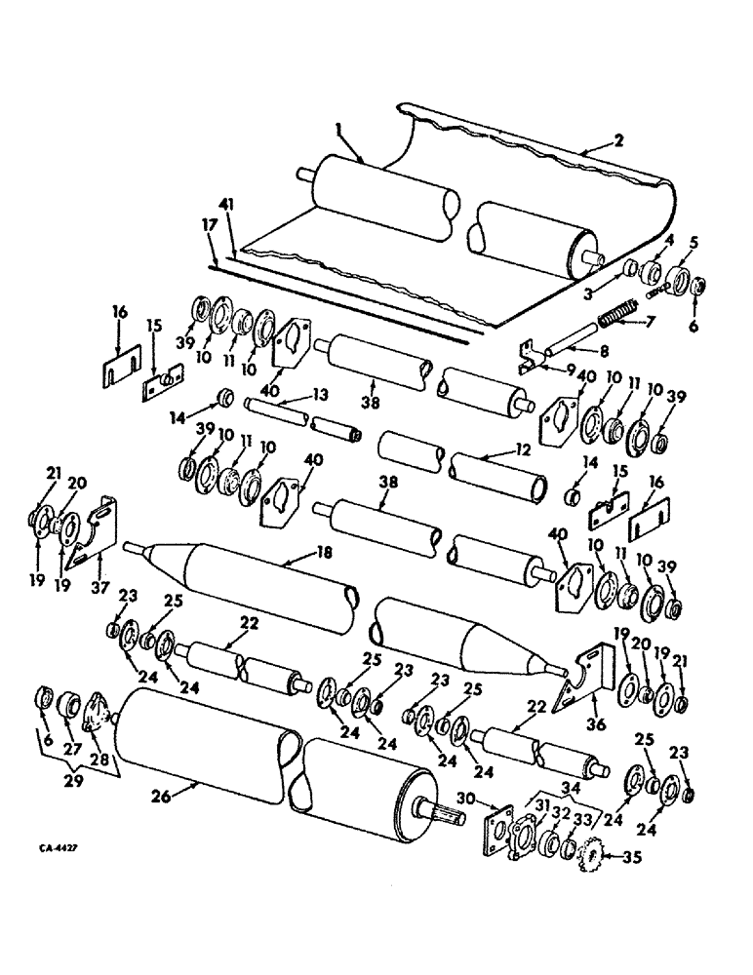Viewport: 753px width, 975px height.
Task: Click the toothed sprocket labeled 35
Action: pyautogui.click(x=588, y=858)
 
